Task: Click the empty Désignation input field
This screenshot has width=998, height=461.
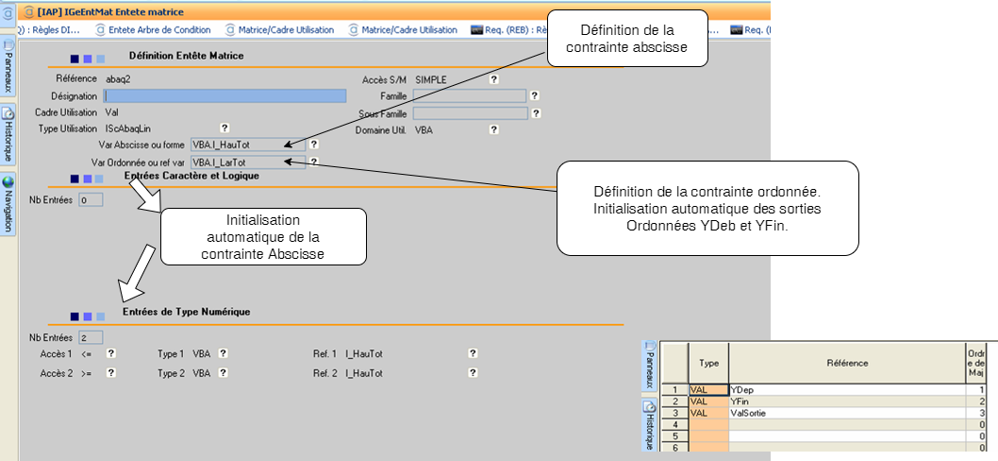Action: (x=225, y=95)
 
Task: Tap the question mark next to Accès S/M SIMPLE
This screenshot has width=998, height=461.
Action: (x=492, y=79)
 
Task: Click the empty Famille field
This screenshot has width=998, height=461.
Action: (x=469, y=95)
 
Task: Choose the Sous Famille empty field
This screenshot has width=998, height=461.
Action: (x=469, y=113)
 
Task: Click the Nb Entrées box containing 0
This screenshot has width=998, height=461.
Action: (x=90, y=200)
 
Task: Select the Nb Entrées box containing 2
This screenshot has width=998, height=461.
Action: (x=90, y=337)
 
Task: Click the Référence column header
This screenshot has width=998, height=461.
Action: (x=846, y=363)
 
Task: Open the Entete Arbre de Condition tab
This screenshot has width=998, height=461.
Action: (x=158, y=29)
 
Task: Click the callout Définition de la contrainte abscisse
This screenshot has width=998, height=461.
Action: (x=627, y=39)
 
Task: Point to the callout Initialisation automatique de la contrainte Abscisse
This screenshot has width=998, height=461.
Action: (x=263, y=236)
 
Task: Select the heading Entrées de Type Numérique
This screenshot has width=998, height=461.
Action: (x=186, y=312)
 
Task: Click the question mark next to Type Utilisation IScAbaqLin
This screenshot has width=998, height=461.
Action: (x=225, y=128)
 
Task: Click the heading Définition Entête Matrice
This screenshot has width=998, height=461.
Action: (x=186, y=56)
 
